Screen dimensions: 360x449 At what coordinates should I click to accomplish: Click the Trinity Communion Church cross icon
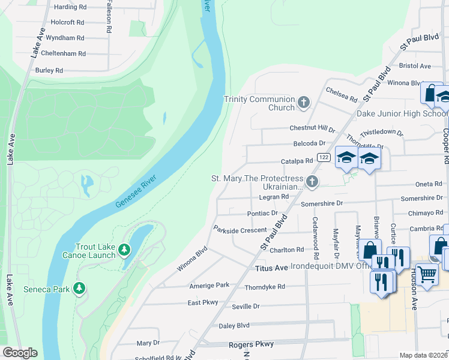304,102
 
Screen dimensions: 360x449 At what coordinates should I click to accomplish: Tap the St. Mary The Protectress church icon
312,181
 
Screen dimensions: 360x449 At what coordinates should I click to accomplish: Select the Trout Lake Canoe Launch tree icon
124,249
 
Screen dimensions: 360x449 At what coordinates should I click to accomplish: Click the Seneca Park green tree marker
79,288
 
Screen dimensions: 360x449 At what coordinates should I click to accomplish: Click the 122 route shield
324,157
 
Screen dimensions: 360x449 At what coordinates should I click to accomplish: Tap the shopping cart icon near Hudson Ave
427,275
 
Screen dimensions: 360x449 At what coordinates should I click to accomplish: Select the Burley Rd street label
49,70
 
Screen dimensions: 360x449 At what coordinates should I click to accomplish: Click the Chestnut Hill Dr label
312,128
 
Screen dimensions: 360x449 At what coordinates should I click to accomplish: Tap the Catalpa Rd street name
297,161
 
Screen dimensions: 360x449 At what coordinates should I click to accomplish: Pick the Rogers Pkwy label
251,344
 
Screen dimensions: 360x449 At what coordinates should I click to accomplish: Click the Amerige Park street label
209,285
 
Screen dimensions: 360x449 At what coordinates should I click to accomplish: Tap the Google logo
20,353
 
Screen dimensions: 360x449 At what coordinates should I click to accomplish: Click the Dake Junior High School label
402,113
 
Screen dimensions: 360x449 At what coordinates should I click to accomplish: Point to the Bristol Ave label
415,65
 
